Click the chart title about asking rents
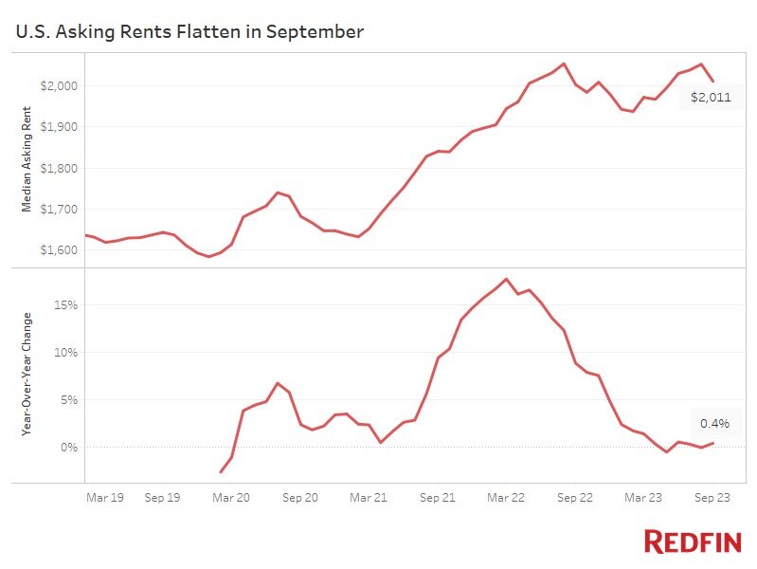point(189,31)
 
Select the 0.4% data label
point(715,424)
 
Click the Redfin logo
point(693,541)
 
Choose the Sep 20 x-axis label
point(299,496)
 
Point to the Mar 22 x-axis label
point(506,496)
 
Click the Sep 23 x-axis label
point(712,496)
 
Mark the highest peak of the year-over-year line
point(506,279)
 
